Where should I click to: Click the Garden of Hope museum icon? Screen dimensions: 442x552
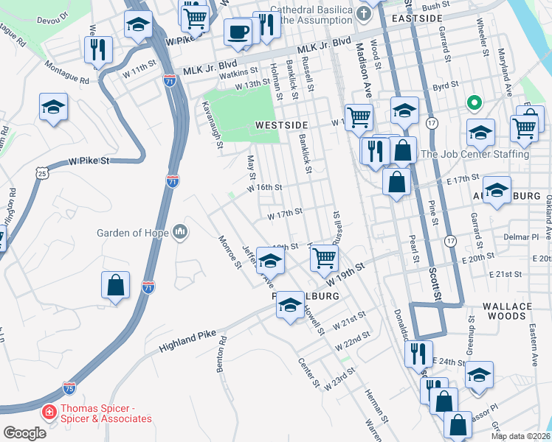coord(181,234)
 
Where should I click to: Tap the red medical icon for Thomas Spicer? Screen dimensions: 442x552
coord(49,411)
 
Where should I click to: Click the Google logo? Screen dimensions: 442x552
coord(24,433)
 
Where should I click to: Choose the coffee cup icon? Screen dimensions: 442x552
coord(238,32)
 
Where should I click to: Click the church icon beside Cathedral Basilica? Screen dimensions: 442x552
coord(362,13)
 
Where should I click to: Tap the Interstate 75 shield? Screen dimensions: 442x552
coord(69,386)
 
